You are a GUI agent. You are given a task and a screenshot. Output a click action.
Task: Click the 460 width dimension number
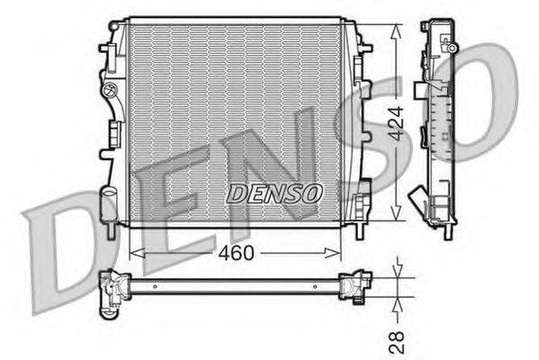click(x=236, y=253)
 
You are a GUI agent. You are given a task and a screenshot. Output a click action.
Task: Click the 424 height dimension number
click(x=396, y=123)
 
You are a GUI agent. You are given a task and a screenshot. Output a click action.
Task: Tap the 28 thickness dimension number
click(x=396, y=342)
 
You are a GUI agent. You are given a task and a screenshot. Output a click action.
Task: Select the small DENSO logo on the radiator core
click(x=274, y=193)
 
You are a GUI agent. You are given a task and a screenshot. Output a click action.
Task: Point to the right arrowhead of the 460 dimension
click(x=333, y=253)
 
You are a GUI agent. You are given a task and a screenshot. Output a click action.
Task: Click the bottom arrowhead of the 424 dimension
click(x=396, y=213)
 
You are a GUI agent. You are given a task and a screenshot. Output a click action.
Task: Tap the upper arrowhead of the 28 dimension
click(x=398, y=271)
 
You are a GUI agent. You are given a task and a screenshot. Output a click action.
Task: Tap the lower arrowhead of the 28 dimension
click(x=398, y=303)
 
